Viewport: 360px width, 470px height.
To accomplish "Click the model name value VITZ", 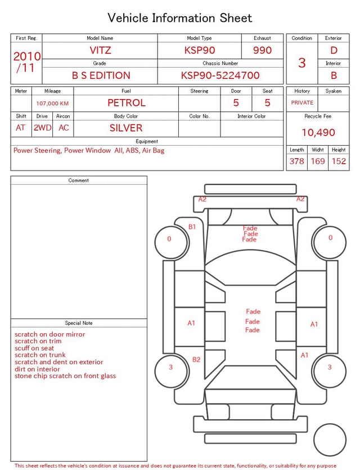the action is pyautogui.click(x=100, y=50).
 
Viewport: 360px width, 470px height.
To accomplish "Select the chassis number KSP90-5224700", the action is pyautogui.click(x=220, y=75).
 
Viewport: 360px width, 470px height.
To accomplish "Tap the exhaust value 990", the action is pyautogui.click(x=262, y=50).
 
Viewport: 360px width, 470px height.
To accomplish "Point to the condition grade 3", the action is pyautogui.click(x=302, y=63).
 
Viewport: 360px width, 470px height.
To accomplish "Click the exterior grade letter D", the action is pyautogui.click(x=334, y=50).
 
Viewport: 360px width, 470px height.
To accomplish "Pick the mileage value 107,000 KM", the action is pyautogui.click(x=52, y=104).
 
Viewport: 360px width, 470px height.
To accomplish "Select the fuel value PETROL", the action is pyautogui.click(x=127, y=103).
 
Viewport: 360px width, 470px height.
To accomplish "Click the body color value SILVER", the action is pyautogui.click(x=126, y=128).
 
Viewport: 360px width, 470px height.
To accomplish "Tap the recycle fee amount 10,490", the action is pyautogui.click(x=318, y=132).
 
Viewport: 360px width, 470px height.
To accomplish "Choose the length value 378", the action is pyautogui.click(x=297, y=161).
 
